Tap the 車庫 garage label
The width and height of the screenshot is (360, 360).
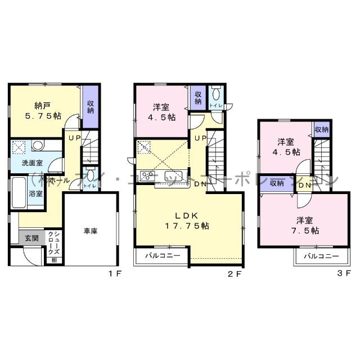point(91,231)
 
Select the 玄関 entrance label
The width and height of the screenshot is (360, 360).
point(31,238)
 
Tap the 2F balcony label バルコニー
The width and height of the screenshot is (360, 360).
point(162,255)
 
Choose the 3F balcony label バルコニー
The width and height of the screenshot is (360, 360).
point(321,256)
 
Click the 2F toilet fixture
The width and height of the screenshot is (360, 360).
point(217,97)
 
